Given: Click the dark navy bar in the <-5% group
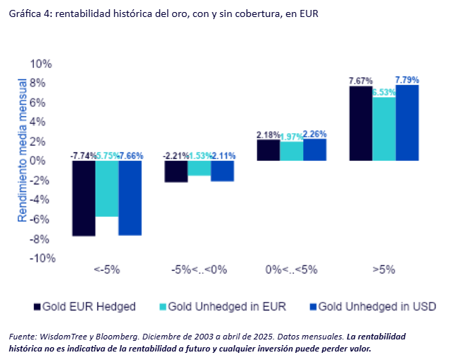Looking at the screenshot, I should coord(84,198).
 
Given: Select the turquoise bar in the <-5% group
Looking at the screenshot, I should coord(106,189).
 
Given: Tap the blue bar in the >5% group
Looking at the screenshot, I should coord(407,123).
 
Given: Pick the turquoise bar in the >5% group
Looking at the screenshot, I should coord(384,129).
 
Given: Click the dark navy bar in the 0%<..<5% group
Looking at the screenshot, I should coord(268,150).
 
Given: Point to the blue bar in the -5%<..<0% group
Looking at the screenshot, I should coord(222,171).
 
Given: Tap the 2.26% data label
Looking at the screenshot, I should coord(314,134).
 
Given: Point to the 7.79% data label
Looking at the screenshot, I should coord(408,79).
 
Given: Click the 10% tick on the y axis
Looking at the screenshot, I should coord(41,64).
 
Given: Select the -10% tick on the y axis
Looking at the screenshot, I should coord(40,259).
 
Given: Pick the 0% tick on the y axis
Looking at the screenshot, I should coord(45,161).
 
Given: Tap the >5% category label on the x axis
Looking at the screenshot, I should coord(383,270).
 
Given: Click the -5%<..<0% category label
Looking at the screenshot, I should coord(198,270).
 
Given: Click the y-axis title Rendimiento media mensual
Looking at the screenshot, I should coord(22,150).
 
